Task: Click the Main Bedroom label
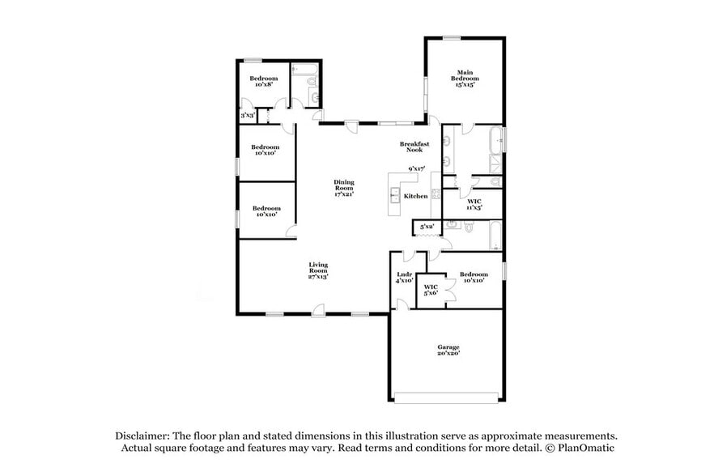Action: tap(465, 78)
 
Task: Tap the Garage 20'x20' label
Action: tap(448, 350)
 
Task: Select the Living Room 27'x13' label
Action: tap(317, 270)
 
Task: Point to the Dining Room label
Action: tap(344, 188)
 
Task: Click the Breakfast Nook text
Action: tap(414, 147)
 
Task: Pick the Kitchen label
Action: tap(415, 196)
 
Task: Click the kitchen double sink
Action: tap(394, 194)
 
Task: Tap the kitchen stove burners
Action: tap(436, 193)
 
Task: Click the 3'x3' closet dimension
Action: tap(247, 116)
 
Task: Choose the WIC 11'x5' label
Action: tap(474, 204)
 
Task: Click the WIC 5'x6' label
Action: tap(431, 290)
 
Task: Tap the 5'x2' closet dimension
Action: tap(427, 227)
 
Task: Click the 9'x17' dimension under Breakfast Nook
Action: tap(417, 168)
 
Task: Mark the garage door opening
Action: tap(446, 397)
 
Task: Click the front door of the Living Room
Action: tap(319, 310)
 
